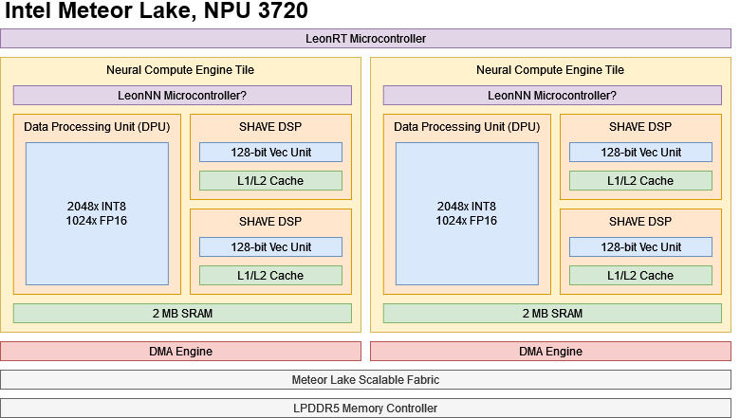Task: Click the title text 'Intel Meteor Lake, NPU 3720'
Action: pos(157,12)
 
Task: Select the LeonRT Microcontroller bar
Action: pos(365,39)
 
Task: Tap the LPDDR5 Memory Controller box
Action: pos(365,409)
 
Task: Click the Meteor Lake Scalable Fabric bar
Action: pos(365,380)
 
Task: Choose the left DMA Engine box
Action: pos(181,352)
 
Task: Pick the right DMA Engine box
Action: pos(550,352)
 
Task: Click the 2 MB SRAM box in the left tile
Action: pos(182,314)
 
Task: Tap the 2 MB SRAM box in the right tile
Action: pos(552,314)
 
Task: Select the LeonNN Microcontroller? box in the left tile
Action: pos(182,96)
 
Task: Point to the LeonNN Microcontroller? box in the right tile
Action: pos(552,96)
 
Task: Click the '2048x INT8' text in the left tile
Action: pos(97,207)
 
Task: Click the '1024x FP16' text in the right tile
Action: pos(466,221)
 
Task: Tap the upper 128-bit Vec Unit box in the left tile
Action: pos(270,153)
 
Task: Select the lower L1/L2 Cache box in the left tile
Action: pos(270,276)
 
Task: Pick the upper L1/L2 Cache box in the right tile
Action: pos(640,181)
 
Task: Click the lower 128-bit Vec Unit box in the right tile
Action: pos(640,247)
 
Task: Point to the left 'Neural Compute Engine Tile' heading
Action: pos(180,70)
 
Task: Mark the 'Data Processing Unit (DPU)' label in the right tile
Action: pos(467,127)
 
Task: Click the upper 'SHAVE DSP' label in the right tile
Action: pos(640,127)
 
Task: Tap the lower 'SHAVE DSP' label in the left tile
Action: pos(270,222)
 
